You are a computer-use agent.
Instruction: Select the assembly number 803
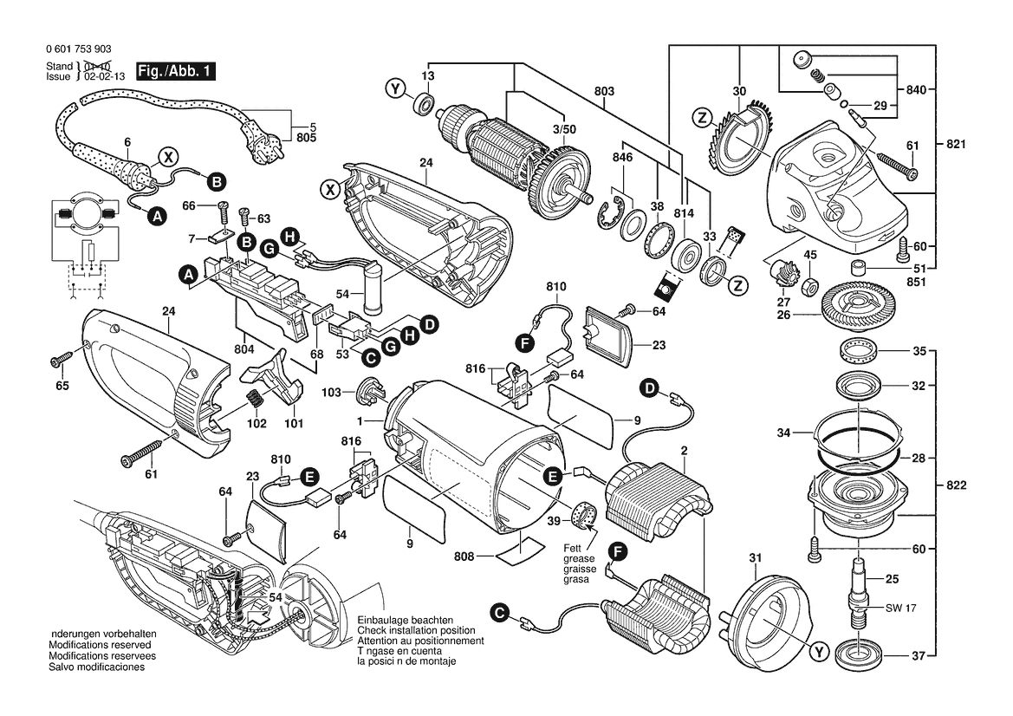(604, 91)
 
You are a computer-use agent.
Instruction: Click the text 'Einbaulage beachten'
(405, 622)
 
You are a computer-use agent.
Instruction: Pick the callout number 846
(622, 158)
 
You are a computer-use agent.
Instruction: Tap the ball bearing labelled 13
(425, 104)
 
